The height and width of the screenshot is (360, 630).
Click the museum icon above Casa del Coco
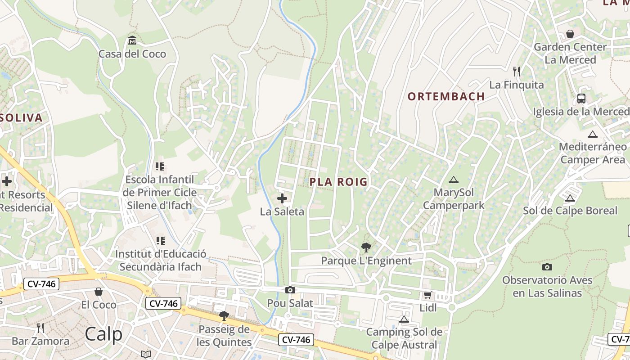[x=132, y=40]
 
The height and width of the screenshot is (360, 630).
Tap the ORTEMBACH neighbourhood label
[x=446, y=96]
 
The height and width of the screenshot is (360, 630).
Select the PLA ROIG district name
[x=338, y=182]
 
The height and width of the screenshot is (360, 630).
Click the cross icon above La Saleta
[x=282, y=198]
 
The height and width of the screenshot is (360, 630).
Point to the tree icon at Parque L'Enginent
[x=366, y=247]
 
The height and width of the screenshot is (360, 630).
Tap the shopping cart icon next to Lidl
[x=427, y=295]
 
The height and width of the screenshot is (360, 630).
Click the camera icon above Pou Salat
[x=290, y=290]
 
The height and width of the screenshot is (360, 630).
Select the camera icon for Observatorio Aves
[x=547, y=267]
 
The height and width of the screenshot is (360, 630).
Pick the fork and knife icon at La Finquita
[x=517, y=71]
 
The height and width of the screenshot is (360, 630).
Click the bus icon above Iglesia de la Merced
[x=581, y=98]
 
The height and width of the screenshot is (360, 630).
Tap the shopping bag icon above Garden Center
[x=570, y=34]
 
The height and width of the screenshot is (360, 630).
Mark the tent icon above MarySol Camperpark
[x=454, y=180]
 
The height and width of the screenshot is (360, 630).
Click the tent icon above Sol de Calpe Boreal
[x=570, y=198]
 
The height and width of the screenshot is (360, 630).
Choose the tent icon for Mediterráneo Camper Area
[x=593, y=134]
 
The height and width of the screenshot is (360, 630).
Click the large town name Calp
[x=103, y=334]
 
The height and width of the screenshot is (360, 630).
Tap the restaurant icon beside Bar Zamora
[x=40, y=328]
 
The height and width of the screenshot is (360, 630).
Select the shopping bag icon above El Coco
[x=99, y=292]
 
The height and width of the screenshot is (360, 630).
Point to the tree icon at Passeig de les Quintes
[x=224, y=316]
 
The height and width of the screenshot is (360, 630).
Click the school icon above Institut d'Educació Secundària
[x=160, y=241]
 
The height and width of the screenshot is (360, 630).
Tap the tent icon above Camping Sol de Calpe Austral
[x=404, y=319]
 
